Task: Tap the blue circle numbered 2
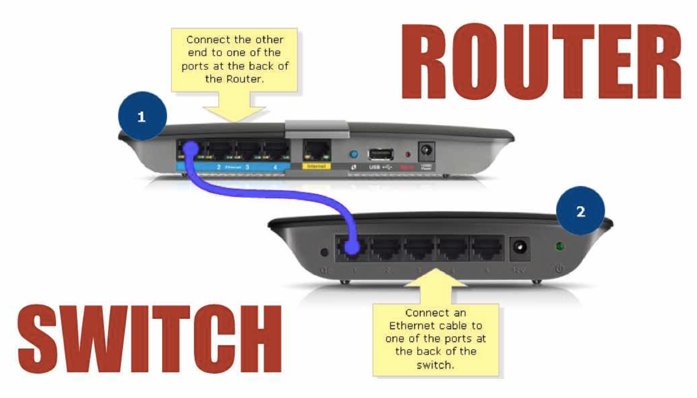pos(580,211)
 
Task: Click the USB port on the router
pos(380,154)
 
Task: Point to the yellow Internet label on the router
pos(316,167)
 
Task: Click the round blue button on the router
pos(353,154)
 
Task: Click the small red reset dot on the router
pos(408,155)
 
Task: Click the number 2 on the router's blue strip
pos(218,167)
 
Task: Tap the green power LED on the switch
pos(559,246)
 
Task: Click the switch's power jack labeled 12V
pos(519,248)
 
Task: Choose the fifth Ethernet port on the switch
pos(487,248)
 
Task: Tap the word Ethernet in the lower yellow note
pos(414,326)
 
